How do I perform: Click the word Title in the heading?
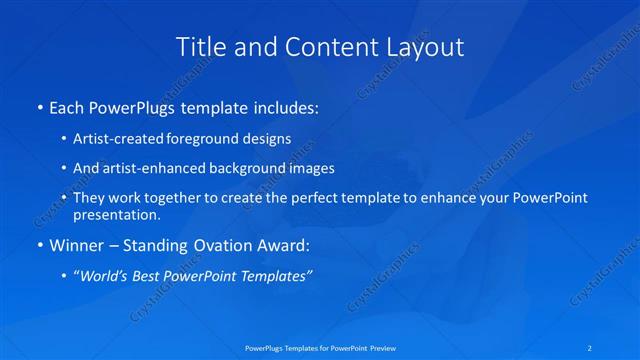[x=197, y=46]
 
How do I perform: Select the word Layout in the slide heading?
[x=424, y=46]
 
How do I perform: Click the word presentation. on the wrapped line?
[x=117, y=214]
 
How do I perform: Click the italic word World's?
[x=106, y=276]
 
